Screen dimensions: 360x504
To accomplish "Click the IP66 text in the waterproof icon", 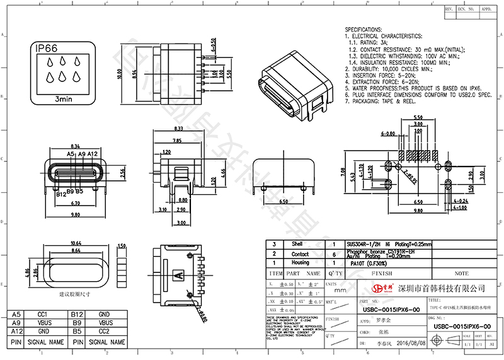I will click(x=47, y=49).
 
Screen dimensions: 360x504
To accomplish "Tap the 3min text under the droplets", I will click(x=63, y=99).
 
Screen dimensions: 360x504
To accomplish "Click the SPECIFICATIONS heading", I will click(x=364, y=30).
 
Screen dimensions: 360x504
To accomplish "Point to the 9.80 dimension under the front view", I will click(x=76, y=215).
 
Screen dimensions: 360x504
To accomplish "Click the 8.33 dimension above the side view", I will click(x=178, y=129).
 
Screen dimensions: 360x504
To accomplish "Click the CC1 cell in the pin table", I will click(x=43, y=314).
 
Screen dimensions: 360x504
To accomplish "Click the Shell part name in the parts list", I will click(x=297, y=243).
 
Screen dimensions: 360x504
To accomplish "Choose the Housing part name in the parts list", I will click(x=301, y=262).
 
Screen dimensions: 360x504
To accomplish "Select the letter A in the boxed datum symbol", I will click(x=179, y=275).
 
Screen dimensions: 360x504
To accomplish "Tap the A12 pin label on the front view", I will click(x=92, y=154).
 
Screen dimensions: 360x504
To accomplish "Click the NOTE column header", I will click(x=461, y=274).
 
